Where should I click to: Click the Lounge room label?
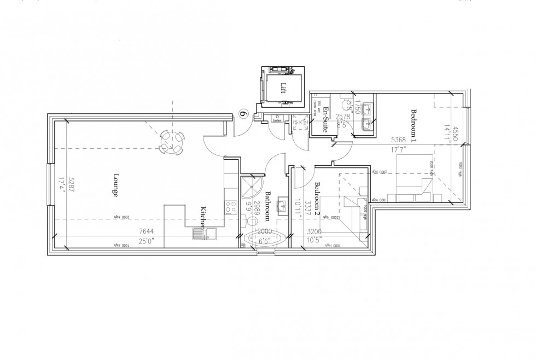(116, 185)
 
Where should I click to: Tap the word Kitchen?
(202, 218)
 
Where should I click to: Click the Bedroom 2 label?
(317, 198)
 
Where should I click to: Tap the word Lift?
(283, 87)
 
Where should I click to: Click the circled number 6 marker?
(244, 114)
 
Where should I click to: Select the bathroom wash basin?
(283, 206)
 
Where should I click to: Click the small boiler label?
(278, 121)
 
